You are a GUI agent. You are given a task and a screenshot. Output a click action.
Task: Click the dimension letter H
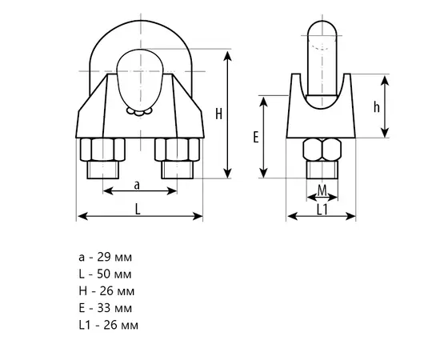pyautogui.click(x=218, y=114)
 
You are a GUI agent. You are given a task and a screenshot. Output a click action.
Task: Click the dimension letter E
pyautogui.click(x=256, y=138)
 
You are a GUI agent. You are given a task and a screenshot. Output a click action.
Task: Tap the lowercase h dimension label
pyautogui.click(x=376, y=106)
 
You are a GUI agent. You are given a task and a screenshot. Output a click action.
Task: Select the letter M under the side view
pyautogui.click(x=322, y=191)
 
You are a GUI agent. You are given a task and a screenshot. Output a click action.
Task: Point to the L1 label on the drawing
pyautogui.click(x=322, y=210)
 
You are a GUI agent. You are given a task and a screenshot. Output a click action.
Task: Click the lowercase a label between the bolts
pyautogui.click(x=137, y=186)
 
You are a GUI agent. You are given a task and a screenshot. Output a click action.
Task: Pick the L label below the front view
pyautogui.click(x=138, y=210)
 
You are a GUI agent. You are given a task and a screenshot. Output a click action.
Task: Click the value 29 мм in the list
pyautogui.click(x=114, y=257)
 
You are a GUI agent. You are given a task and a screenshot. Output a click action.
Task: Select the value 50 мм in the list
pyautogui.click(x=114, y=274)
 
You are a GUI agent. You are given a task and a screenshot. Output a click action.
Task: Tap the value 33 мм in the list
pyautogui.click(x=114, y=308)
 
